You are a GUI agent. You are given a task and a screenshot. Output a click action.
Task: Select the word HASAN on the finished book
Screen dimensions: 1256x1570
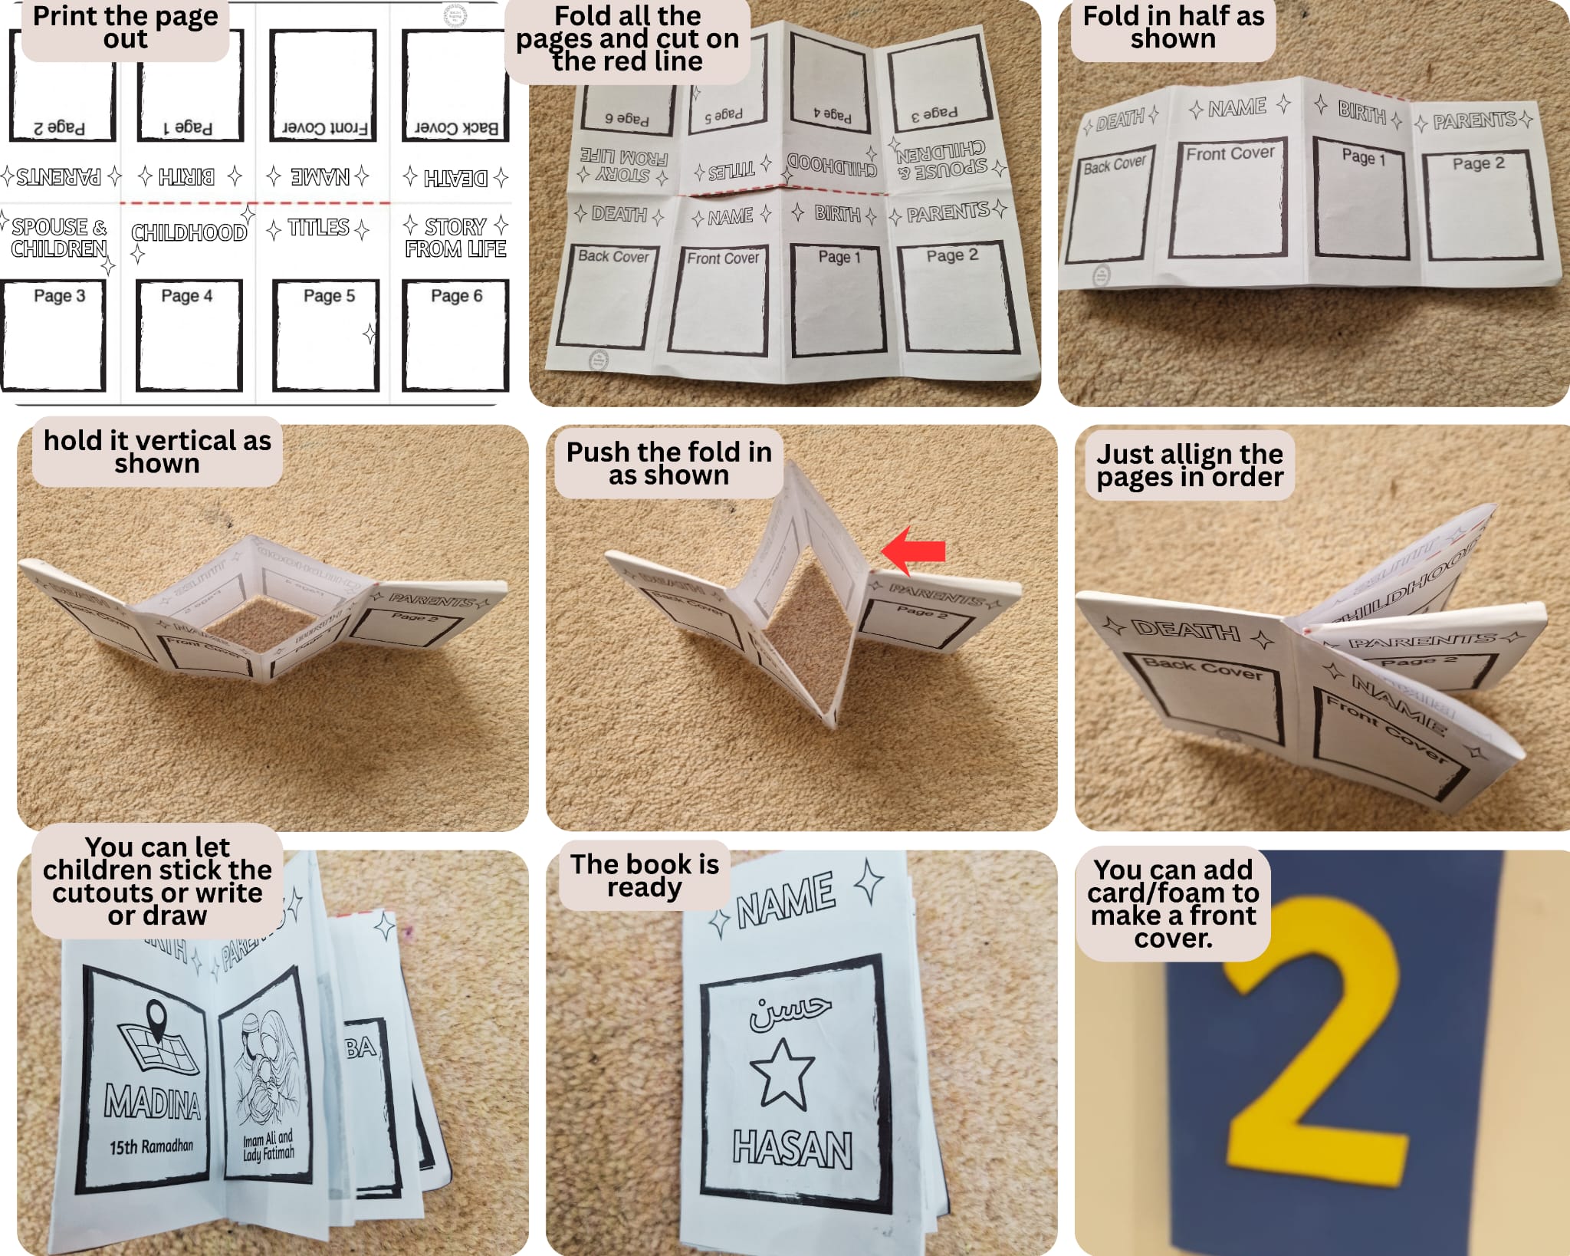click(x=792, y=1149)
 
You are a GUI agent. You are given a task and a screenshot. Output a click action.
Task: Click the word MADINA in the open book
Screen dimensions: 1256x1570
click(x=153, y=1103)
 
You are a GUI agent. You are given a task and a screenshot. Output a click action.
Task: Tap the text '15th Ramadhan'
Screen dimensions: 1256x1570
click(x=151, y=1147)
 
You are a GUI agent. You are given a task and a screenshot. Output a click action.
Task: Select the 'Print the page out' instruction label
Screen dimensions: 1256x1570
click(x=125, y=28)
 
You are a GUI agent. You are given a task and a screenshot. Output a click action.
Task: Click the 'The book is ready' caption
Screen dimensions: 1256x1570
click(x=644, y=875)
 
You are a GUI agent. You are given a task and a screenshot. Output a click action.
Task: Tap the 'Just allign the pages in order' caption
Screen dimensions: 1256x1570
click(x=1189, y=465)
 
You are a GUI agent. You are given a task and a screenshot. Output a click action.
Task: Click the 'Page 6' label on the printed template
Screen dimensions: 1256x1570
click(x=456, y=296)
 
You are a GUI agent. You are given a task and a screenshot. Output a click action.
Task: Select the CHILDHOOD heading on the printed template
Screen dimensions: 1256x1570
click(x=189, y=232)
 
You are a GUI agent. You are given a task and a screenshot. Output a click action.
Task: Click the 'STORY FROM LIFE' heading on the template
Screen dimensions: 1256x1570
click(x=455, y=238)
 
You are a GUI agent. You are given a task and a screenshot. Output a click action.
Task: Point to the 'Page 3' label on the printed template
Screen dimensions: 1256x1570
click(x=59, y=296)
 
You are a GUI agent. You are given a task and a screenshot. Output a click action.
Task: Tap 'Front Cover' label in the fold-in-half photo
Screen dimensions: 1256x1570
click(x=1230, y=153)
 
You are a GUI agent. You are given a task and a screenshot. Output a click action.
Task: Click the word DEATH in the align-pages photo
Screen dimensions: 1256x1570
click(x=1185, y=631)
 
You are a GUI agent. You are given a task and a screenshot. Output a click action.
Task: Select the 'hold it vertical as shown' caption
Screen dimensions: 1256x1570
click(x=157, y=452)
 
